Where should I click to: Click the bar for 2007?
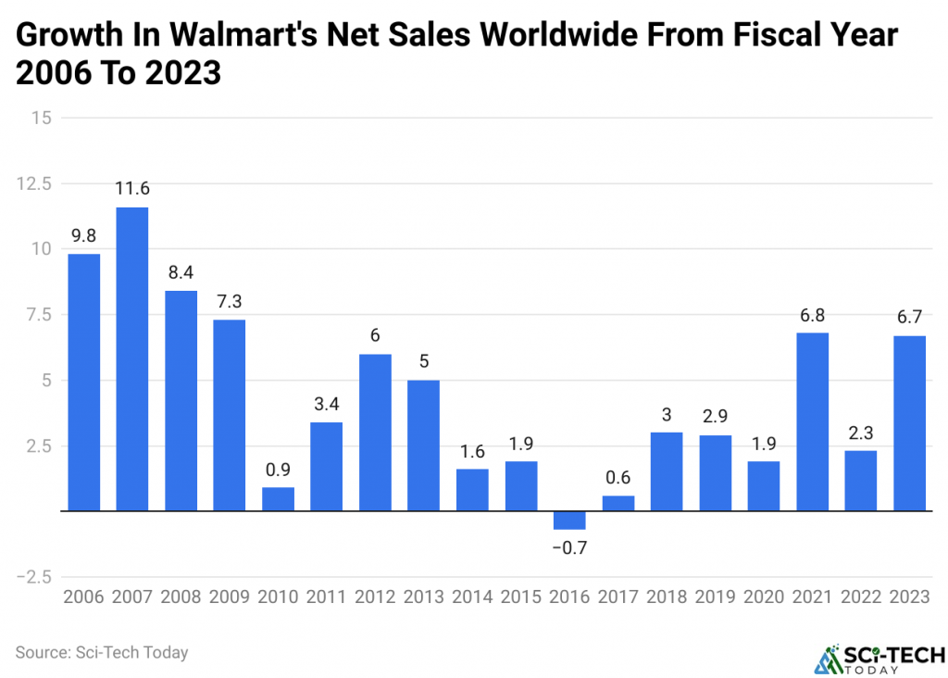(132, 358)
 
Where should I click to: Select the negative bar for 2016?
(569, 520)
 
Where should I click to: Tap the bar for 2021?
(812, 421)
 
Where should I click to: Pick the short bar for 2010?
(278, 499)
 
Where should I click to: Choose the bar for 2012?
(375, 432)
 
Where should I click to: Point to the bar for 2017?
(617, 503)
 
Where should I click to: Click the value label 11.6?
(132, 189)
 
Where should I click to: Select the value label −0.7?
(569, 547)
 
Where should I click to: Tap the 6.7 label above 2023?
(909, 317)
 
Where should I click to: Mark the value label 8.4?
(181, 273)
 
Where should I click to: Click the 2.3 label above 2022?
(861, 433)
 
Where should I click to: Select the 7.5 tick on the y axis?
(37, 315)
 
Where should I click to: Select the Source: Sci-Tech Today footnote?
(102, 652)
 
